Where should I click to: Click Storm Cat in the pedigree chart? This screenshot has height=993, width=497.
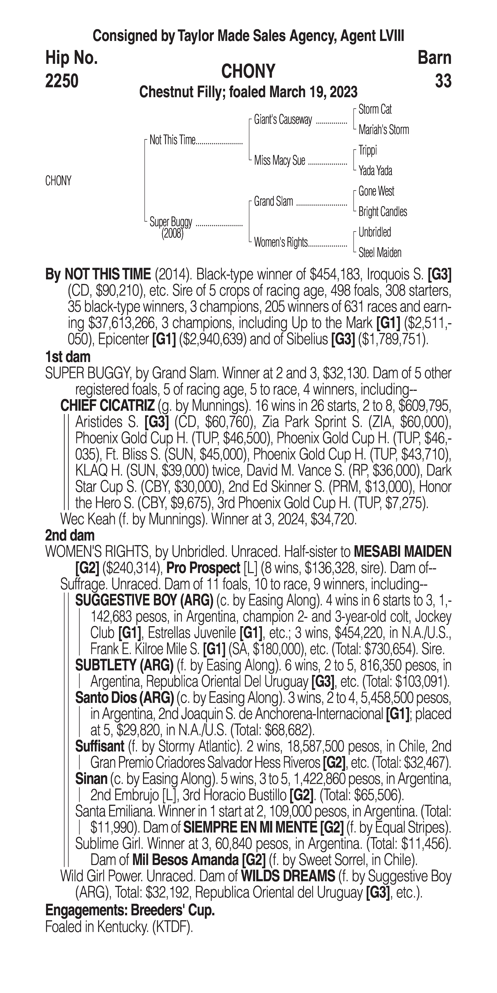tap(375, 109)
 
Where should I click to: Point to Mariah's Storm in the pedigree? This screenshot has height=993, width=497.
tap(383, 130)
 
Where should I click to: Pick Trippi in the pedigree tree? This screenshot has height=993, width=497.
tap(368, 150)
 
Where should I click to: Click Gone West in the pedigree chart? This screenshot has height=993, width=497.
tap(376, 191)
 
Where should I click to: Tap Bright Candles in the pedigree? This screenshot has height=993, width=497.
tap(383, 212)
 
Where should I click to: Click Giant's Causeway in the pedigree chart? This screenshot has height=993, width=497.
tap(283, 120)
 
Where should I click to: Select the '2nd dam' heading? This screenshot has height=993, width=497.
tap(70, 535)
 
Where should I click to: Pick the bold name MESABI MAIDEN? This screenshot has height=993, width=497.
tap(402, 552)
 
